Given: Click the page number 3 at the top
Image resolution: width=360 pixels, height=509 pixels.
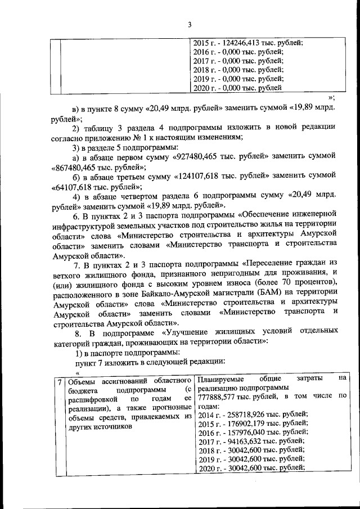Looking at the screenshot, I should coord(190,24).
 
